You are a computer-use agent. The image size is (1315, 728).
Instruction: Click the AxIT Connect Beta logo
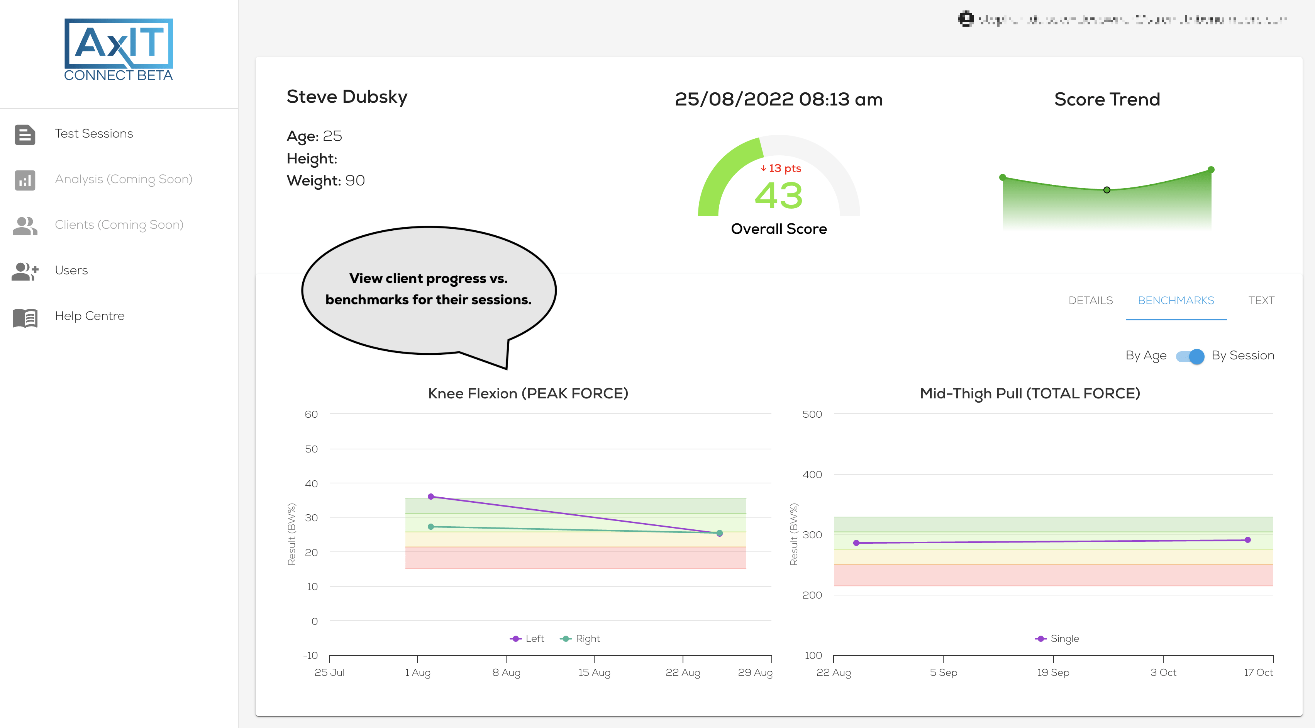tap(119, 49)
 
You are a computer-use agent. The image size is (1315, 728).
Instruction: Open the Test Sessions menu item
tap(93, 134)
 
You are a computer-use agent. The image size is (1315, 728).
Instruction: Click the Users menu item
tap(71, 270)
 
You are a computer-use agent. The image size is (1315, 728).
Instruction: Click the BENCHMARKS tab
tap(1176, 300)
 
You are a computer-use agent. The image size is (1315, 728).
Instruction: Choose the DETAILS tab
tap(1090, 300)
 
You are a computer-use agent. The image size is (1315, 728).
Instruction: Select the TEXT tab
tap(1261, 300)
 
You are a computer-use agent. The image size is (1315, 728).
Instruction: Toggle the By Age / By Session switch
tap(1190, 356)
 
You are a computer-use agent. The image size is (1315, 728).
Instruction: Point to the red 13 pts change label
tap(781, 168)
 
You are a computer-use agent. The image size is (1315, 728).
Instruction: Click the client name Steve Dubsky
tap(347, 97)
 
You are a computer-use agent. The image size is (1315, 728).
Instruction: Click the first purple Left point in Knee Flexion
tap(431, 497)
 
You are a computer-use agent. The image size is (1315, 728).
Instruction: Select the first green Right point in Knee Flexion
tap(431, 526)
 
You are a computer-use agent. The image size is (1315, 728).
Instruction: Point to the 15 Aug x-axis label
tap(594, 672)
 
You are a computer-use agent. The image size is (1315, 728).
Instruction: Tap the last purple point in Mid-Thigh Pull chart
tap(1247, 539)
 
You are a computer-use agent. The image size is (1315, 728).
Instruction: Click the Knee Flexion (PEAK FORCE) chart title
tap(528, 393)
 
